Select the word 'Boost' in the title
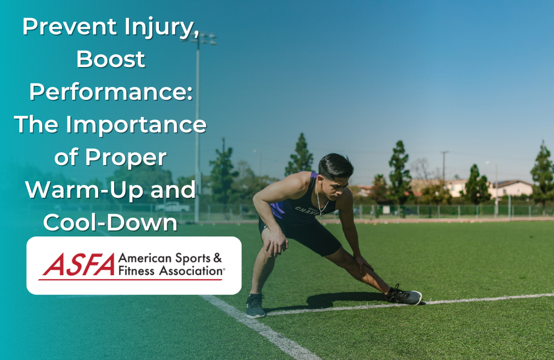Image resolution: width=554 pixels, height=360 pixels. click(x=111, y=59)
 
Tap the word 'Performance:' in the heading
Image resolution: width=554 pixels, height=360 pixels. click(x=111, y=92)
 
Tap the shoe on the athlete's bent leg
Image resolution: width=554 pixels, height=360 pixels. click(x=255, y=306)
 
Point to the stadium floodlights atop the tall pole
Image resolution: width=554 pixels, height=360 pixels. click(x=206, y=39)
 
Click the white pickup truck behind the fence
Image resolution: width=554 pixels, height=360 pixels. click(x=172, y=207)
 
